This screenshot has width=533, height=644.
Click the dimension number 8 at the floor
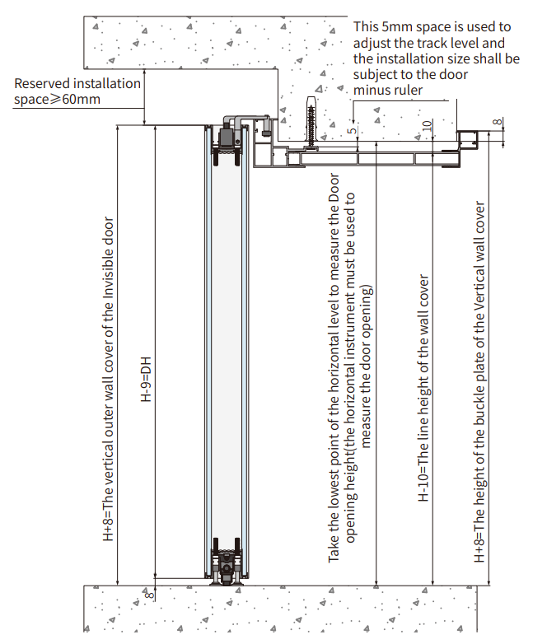coord(149,591)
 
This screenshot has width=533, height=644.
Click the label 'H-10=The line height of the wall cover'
coord(424,388)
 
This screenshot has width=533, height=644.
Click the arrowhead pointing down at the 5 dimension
coord(357,139)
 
